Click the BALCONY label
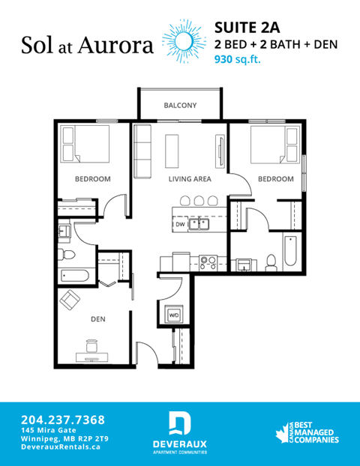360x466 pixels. tap(180, 106)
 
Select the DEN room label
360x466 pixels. tap(97, 319)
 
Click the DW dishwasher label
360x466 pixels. tap(181, 224)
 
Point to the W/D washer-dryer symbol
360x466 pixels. tap(174, 315)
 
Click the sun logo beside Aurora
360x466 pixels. tap(181, 39)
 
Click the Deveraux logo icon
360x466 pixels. tap(179, 424)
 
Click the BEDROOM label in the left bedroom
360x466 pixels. tap(93, 179)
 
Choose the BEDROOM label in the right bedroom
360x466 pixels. tap(275, 179)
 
